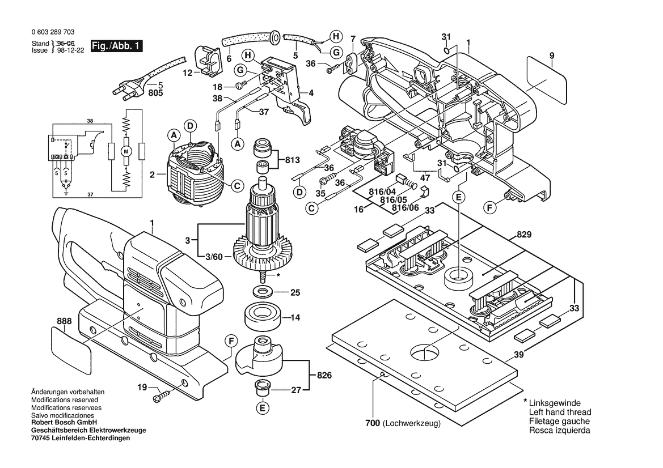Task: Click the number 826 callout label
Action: point(324,376)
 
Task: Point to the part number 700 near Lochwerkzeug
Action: point(372,423)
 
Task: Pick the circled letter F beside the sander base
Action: point(230,341)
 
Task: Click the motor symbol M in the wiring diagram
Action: point(127,152)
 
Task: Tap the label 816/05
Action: point(394,200)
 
